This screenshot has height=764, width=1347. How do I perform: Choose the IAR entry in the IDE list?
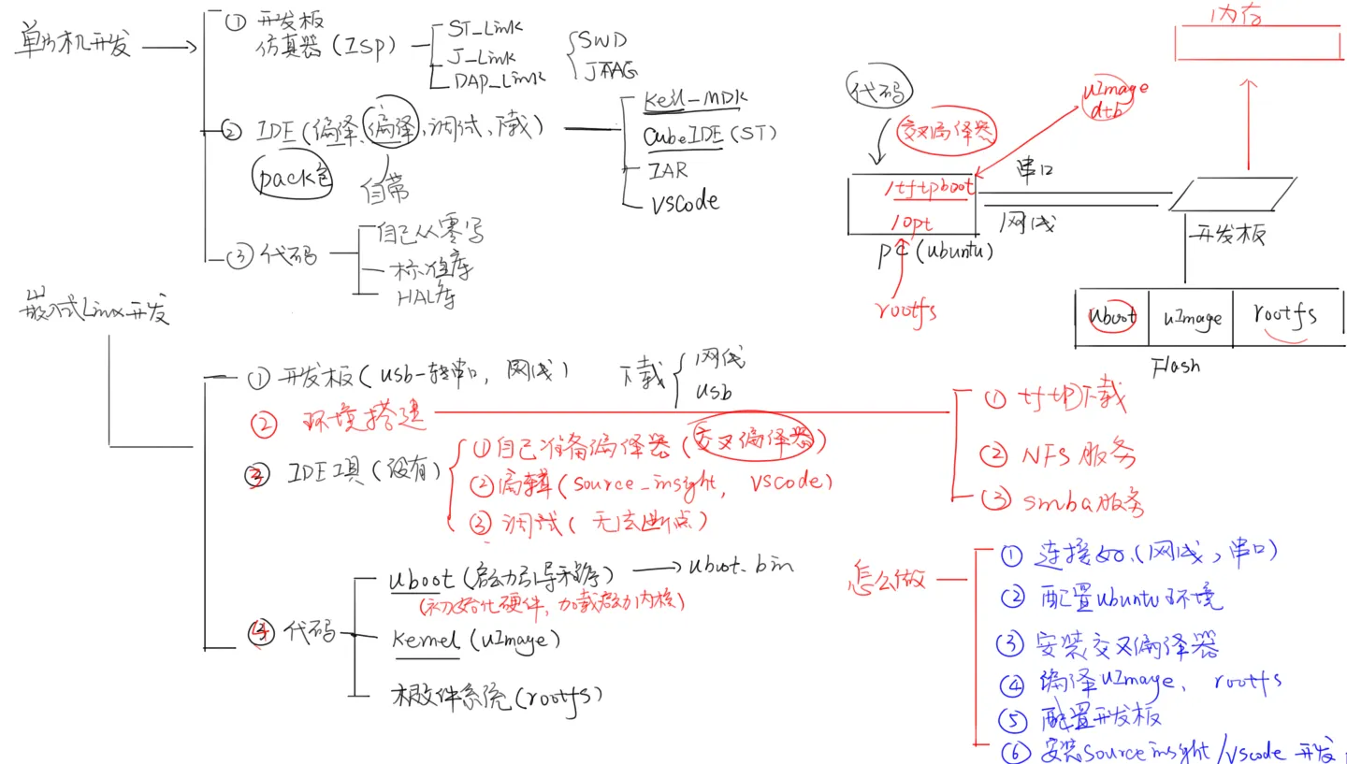coord(668,170)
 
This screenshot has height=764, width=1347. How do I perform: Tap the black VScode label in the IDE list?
coord(685,202)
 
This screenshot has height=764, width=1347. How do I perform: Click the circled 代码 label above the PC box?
coord(879,91)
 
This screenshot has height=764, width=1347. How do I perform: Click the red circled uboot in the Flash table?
coord(1111,316)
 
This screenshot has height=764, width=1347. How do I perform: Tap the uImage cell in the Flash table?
coord(1193,318)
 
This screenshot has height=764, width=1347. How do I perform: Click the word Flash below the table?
coord(1176,366)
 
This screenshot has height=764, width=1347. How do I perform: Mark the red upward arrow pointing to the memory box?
coord(1247,122)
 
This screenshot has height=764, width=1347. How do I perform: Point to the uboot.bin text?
coord(741,566)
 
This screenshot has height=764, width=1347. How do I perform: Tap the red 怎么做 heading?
coord(885,577)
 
